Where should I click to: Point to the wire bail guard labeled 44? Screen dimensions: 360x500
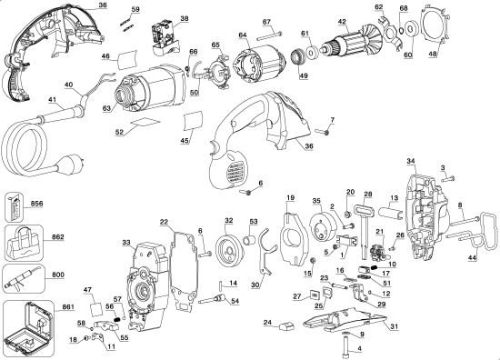tap(472, 238)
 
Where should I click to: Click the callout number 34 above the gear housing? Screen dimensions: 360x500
tap(410, 161)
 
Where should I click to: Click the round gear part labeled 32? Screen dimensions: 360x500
tap(228, 247)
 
